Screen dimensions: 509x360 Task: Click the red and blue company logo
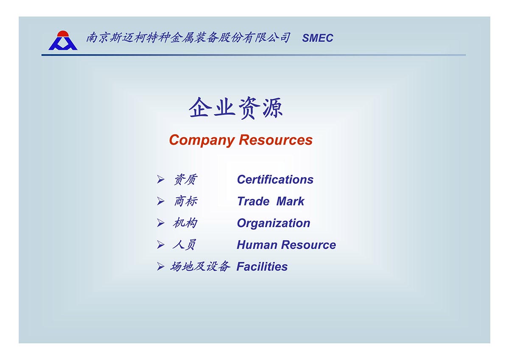63,40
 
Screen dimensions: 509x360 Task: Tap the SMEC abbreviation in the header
317,38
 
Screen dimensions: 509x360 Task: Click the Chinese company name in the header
188,37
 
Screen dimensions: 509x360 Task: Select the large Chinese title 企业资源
236,107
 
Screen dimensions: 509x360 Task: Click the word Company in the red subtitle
202,141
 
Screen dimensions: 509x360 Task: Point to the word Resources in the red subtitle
276,140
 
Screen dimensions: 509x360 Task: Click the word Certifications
275,180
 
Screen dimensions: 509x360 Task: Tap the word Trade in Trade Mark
253,201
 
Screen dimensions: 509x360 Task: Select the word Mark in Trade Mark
290,201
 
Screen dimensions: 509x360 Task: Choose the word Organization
274,223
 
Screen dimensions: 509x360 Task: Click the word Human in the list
257,245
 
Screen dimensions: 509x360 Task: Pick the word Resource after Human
309,245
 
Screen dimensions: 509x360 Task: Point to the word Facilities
262,267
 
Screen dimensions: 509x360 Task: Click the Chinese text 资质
186,180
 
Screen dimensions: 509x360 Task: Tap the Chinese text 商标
186,202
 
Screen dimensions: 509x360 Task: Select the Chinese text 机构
185,223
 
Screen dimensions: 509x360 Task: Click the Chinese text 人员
184,245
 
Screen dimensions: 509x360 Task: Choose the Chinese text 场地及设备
200,267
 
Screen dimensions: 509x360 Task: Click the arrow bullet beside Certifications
160,180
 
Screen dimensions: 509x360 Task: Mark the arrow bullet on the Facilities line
160,267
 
